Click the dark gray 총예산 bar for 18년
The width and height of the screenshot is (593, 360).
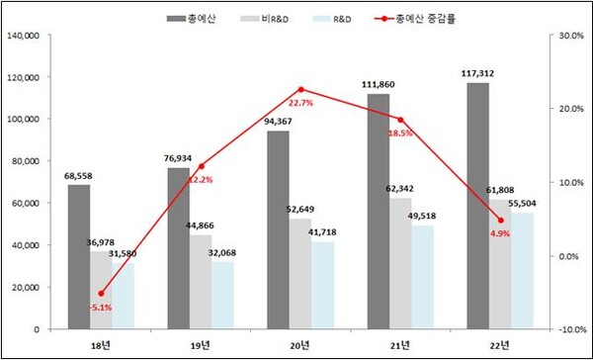pyautogui.click(x=78, y=257)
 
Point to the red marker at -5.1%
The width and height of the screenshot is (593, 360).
pyautogui.click(x=101, y=294)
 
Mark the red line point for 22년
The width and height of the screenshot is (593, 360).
pyautogui.click(x=501, y=221)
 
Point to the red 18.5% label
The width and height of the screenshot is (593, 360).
pyautogui.click(x=400, y=133)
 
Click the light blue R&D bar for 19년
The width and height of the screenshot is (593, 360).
pyautogui.click(x=223, y=296)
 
